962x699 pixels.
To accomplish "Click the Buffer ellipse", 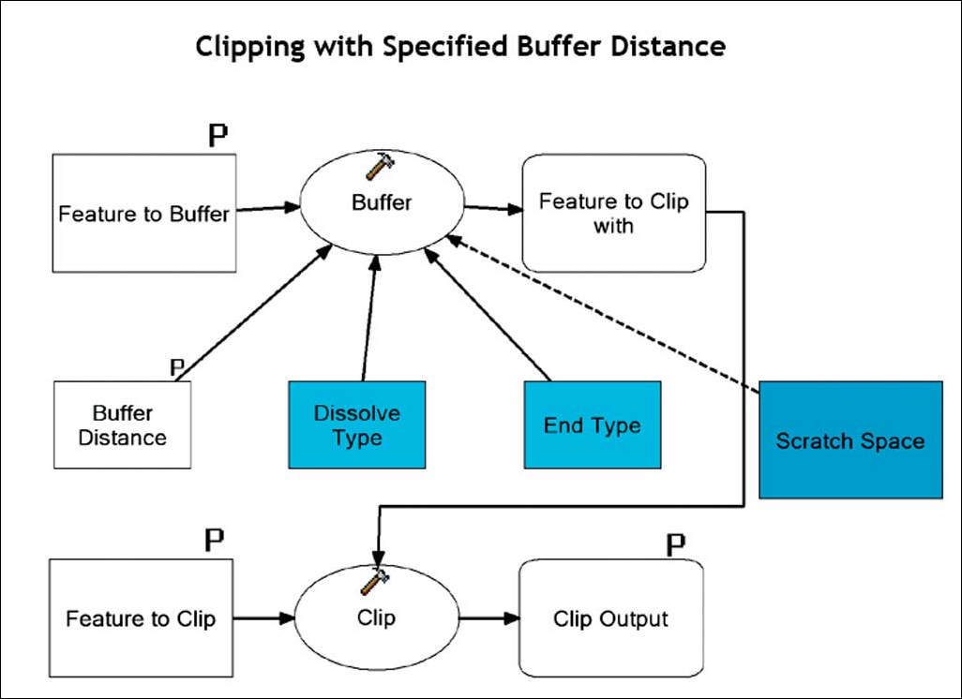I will [x=382, y=202].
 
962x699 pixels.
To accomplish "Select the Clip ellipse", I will [x=376, y=617].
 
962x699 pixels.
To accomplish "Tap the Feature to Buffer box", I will [x=143, y=214].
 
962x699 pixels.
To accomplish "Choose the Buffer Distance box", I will [x=123, y=424].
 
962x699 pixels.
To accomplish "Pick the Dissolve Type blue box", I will [x=356, y=424].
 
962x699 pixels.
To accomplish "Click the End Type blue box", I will [x=592, y=424].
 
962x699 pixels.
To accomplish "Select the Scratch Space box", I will [x=849, y=440].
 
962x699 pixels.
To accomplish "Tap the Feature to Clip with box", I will [x=613, y=214].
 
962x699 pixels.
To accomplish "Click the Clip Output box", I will [x=610, y=618].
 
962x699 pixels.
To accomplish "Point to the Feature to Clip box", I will [x=141, y=618].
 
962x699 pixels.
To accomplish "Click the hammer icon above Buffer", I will [x=380, y=166].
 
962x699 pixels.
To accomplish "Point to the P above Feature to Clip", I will [x=215, y=540].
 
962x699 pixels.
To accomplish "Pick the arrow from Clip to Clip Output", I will [x=488, y=618].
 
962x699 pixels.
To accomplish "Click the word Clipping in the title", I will [x=247, y=48].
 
